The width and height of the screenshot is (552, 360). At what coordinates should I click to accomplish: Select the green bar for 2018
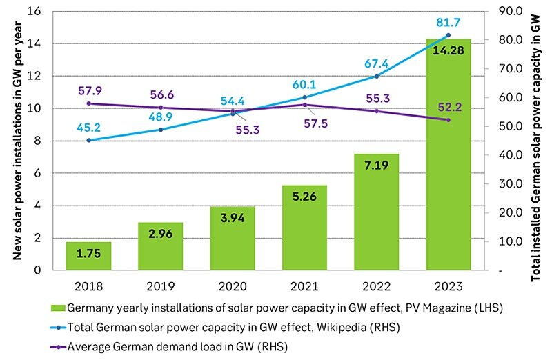[x=88, y=256]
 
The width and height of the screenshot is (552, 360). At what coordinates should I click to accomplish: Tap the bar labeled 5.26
[x=304, y=228]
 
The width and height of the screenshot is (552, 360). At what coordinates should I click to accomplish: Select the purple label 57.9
[x=89, y=90]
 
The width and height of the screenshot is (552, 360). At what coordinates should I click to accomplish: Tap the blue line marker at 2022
[x=377, y=76]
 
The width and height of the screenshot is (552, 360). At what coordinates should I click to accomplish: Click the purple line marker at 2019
[x=161, y=107]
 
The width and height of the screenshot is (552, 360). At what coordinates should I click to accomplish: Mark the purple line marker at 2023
[x=448, y=120]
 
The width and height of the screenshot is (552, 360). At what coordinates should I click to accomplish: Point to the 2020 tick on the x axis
[x=233, y=283]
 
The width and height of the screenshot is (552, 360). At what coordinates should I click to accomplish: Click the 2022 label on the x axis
[x=377, y=283]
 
